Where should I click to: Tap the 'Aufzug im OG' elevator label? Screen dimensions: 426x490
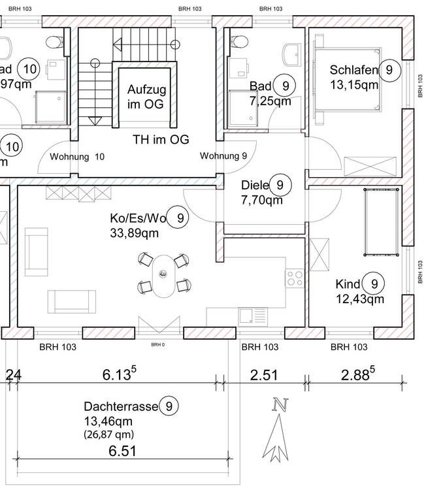(146, 96)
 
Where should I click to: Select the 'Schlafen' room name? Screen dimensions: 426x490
(354, 70)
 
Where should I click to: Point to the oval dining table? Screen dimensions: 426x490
(163, 274)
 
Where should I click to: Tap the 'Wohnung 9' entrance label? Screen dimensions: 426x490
(223, 155)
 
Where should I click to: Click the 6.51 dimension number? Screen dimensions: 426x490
(123, 450)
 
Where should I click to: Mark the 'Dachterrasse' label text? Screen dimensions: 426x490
(122, 406)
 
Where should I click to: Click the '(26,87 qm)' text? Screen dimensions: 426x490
(108, 434)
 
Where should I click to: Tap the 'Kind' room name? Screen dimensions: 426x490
(348, 284)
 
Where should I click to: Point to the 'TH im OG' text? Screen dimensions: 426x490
(161, 140)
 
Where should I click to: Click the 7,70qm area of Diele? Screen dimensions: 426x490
(261, 200)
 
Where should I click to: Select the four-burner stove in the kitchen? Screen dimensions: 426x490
(294, 278)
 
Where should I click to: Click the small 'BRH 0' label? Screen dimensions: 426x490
(157, 344)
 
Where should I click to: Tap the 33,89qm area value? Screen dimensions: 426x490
(134, 231)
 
